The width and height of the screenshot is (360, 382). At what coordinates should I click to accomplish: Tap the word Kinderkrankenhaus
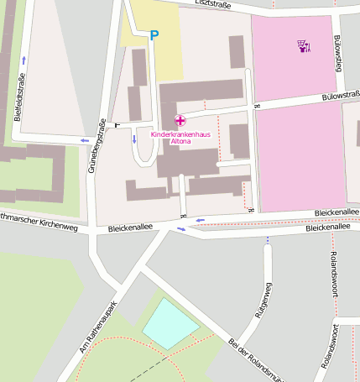[x=180, y=134]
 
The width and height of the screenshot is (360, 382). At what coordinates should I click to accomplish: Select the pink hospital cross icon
[x=180, y=122]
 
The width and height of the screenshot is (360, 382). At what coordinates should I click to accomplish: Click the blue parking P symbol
[x=153, y=35]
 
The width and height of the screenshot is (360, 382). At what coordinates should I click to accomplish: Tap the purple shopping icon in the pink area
[x=303, y=45]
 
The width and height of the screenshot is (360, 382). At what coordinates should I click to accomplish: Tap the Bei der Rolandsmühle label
[x=260, y=359]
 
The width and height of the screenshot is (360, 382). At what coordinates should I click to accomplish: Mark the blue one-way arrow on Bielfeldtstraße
[x=23, y=59]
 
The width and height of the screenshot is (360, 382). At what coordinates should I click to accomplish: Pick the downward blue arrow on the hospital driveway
[x=134, y=139]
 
